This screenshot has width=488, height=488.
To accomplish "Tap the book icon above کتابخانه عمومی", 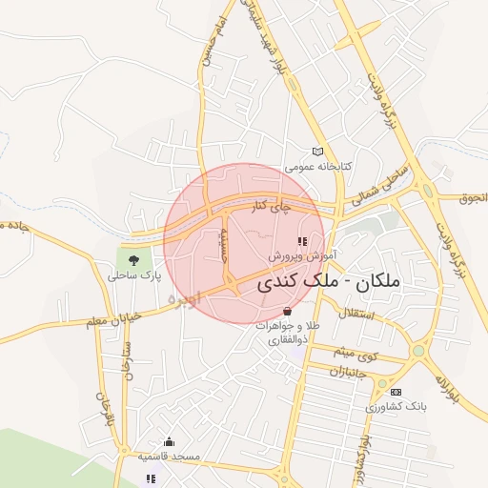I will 318,152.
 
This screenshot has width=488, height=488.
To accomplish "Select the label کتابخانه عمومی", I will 320,166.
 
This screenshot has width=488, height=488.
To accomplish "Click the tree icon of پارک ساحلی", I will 132,258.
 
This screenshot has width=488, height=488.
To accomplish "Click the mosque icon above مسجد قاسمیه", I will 170,441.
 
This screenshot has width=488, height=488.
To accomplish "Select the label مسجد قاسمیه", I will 170,457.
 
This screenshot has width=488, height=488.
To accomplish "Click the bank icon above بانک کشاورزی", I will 396,392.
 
